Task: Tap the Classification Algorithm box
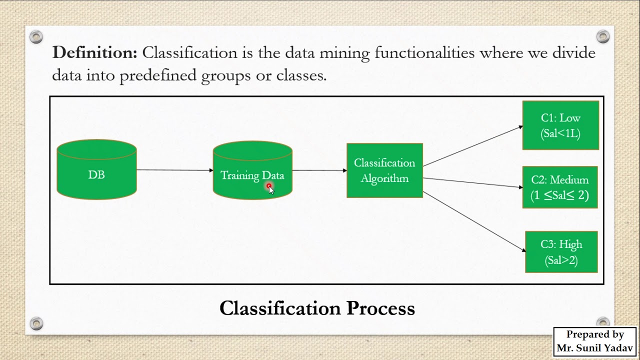click(384, 170)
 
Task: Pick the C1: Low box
click(560, 125)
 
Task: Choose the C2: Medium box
click(560, 187)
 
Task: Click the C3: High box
click(561, 252)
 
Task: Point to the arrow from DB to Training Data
click(174, 170)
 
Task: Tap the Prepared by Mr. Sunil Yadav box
click(594, 341)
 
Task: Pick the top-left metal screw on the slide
click(36, 36)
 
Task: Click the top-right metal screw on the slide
click(603, 36)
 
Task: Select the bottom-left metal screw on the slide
click(36, 323)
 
